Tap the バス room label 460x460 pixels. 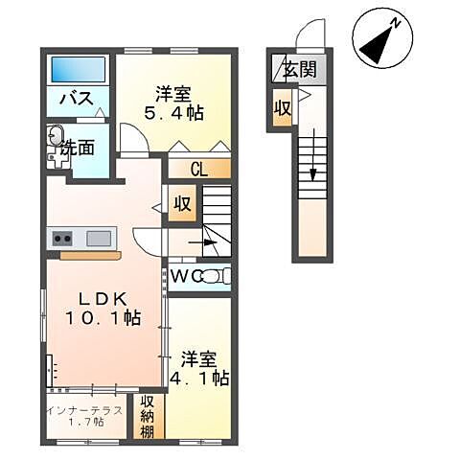pyautogui.click(x=77, y=100)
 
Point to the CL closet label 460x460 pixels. pyautogui.click(x=199, y=170)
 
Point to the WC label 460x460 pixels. pyautogui.click(x=187, y=277)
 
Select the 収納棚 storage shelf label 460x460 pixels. pyautogui.click(x=149, y=416)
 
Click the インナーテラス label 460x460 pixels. pyautogui.click(x=83, y=410)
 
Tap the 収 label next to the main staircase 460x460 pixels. pyautogui.click(x=181, y=204)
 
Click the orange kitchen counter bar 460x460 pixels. pyautogui.click(x=90, y=256)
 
